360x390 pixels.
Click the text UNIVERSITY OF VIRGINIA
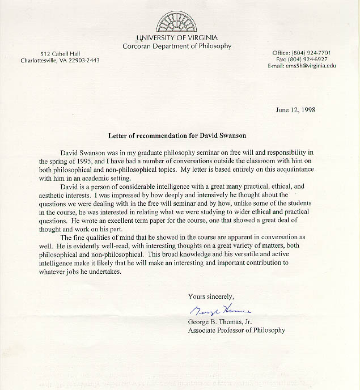tap(177, 37)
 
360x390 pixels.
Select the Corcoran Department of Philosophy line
tap(177, 46)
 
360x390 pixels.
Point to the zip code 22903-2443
tap(84, 60)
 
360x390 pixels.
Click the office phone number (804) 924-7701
tap(310, 53)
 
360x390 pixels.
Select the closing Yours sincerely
tap(211, 296)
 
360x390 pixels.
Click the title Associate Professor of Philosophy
tap(236, 329)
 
